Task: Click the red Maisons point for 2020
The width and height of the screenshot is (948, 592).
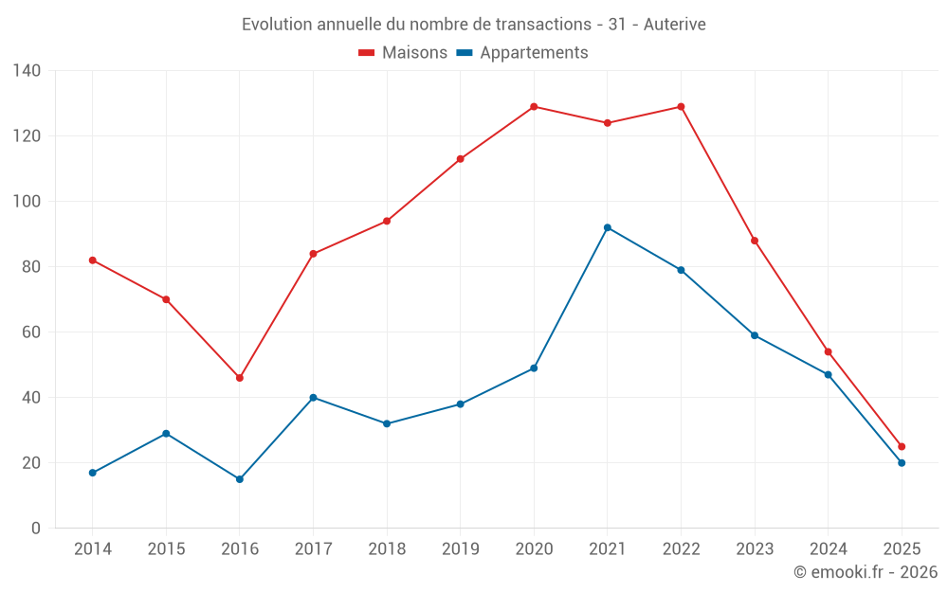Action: click(534, 107)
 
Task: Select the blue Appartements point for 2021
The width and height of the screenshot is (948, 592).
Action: click(608, 227)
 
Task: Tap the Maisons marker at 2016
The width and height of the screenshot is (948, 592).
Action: click(240, 378)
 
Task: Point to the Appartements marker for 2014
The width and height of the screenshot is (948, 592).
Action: click(93, 473)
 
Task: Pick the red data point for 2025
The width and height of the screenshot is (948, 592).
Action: click(902, 446)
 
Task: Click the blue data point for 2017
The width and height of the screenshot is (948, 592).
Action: click(313, 398)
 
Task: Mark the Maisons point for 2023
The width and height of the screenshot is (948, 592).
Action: click(755, 241)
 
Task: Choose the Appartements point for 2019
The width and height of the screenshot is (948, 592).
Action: click(461, 404)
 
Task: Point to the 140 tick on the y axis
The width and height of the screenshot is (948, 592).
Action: click(27, 71)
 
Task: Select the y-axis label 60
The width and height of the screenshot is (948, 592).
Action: click(31, 332)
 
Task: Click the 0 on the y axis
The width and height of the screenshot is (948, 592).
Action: click(36, 529)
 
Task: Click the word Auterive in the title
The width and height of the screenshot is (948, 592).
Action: click(674, 25)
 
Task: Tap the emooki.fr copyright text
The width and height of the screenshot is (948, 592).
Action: click(866, 572)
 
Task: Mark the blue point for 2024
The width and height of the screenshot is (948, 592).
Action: click(828, 375)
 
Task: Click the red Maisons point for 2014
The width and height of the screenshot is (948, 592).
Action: click(93, 260)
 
